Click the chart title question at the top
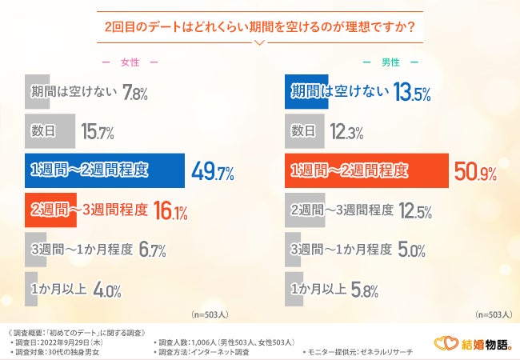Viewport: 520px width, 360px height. [x=259, y=26]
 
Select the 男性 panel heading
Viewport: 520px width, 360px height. [x=390, y=62]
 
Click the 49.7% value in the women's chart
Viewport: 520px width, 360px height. [x=213, y=170]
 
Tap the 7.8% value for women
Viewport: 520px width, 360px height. [x=136, y=93]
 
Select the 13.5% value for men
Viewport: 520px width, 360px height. [x=412, y=93]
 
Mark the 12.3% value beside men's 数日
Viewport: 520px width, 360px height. [x=346, y=131]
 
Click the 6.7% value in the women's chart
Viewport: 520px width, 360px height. [x=152, y=250]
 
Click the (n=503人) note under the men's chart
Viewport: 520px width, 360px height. [x=494, y=314]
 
